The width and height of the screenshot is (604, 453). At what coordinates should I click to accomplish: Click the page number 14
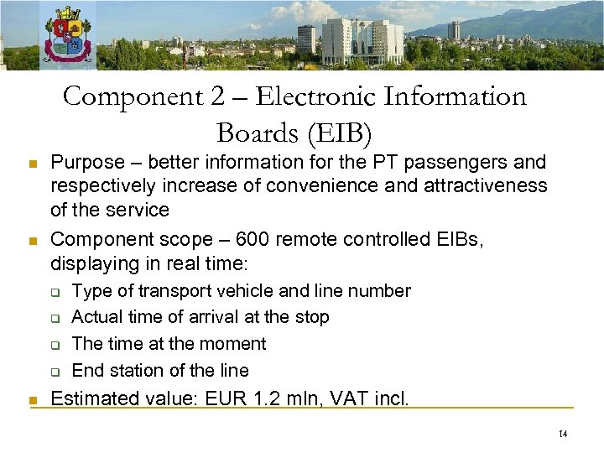coord(562,434)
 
